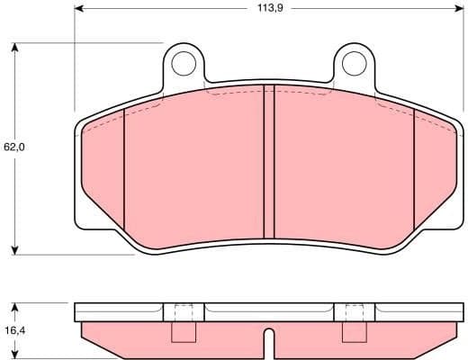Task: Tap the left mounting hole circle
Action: [x=184, y=63]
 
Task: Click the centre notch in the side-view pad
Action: [x=267, y=342]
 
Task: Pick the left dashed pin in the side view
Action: [x=183, y=322]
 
